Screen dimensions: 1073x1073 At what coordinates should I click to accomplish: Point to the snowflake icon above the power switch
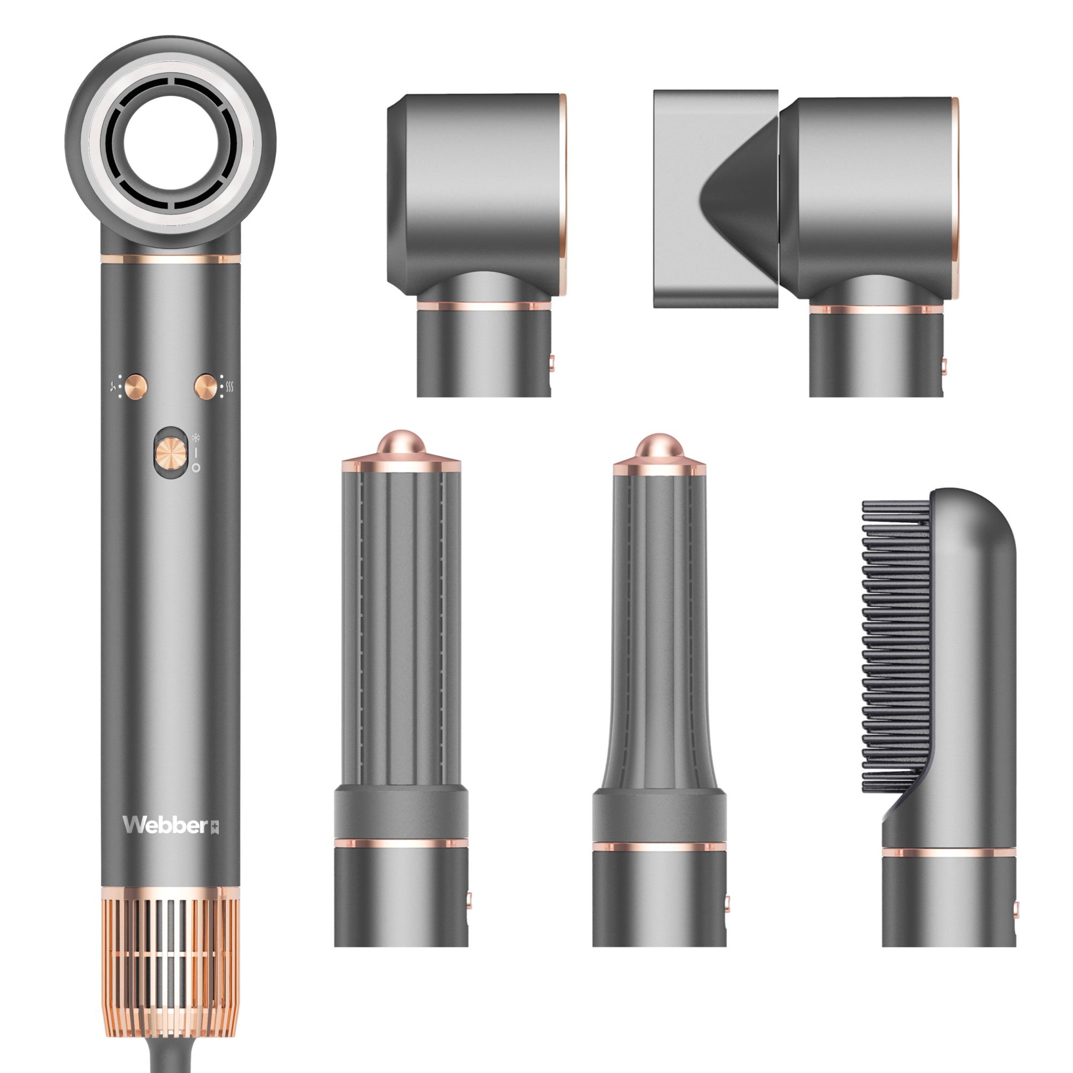195,437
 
